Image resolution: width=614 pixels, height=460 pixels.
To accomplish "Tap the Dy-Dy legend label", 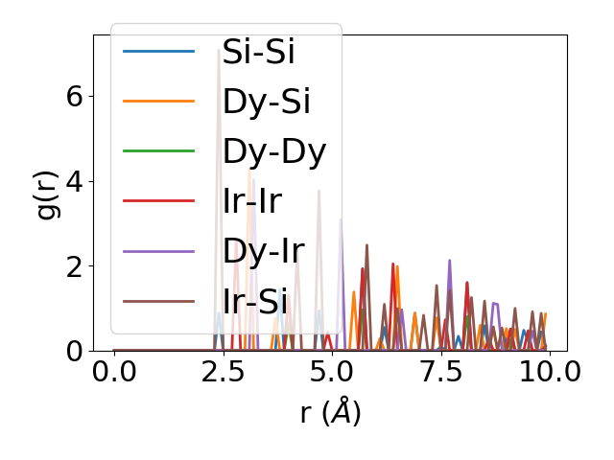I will pos(274,151).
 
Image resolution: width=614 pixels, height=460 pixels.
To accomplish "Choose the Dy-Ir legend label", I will pos(263,251).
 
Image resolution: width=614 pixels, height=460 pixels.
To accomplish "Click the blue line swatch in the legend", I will pos(159,51).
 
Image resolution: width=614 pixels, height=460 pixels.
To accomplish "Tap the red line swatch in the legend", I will pos(159,201).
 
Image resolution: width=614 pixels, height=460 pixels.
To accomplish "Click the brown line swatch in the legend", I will pos(159,302).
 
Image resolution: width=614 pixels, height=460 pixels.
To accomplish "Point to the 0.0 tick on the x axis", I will pos(114,374).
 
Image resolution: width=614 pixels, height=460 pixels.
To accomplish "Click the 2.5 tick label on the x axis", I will pos(223,374).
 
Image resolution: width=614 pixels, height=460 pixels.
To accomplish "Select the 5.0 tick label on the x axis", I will pos(332,374).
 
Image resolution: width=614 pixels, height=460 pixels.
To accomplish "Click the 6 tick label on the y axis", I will pos(75,97).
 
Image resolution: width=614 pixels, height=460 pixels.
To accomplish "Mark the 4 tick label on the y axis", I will pos(75,181).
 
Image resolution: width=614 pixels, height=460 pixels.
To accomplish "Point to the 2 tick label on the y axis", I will pos(75,266).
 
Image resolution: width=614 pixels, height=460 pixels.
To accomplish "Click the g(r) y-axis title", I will pos(46,192).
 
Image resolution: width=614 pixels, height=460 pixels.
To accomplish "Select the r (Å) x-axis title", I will pos(330,412).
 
